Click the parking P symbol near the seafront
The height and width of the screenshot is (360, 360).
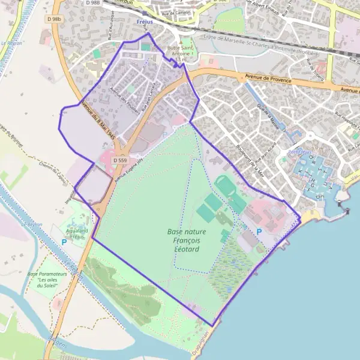point(259,231)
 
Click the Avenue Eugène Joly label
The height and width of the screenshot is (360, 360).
point(130,170)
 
